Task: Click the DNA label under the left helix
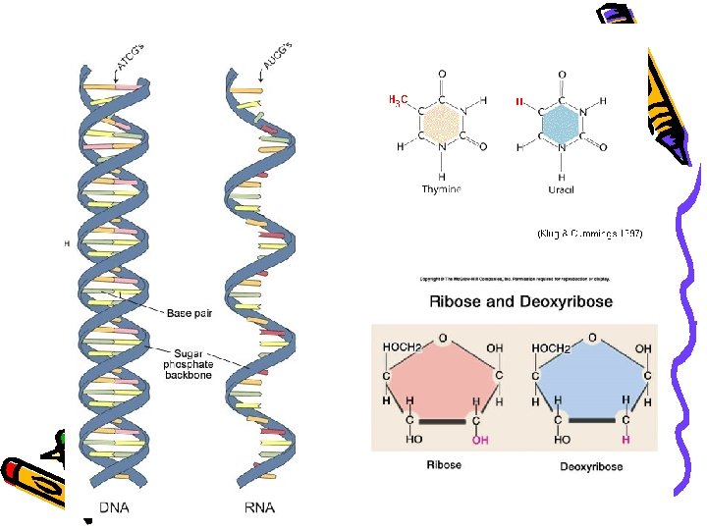114,507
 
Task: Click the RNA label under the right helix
258,507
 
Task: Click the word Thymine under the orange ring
440,188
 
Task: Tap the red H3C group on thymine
399,100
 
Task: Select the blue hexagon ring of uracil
561,125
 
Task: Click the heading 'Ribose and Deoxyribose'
520,300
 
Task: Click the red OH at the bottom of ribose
481,441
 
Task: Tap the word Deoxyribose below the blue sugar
591,466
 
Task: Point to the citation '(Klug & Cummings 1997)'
589,234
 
